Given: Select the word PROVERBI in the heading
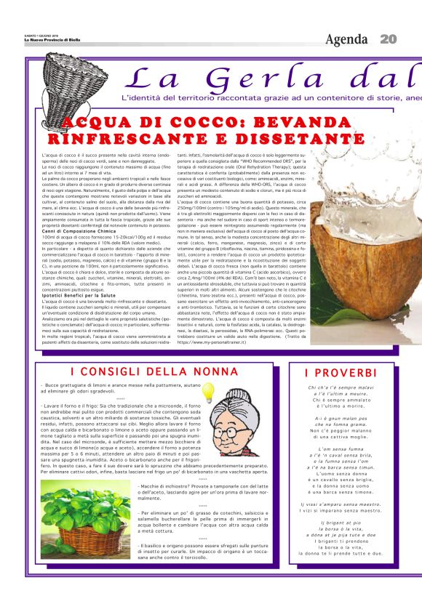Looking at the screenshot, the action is (342, 373).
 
